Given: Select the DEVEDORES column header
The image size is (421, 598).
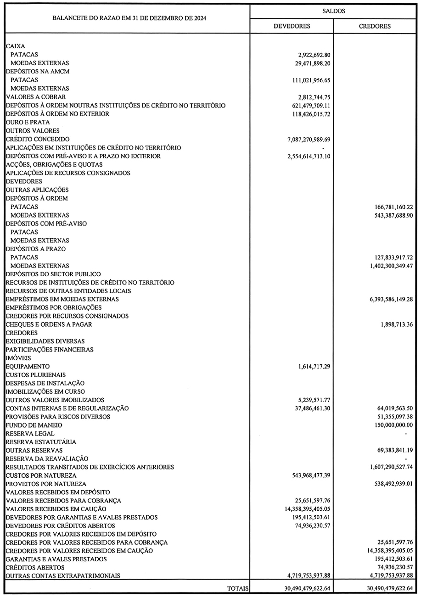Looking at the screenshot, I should click(x=292, y=26).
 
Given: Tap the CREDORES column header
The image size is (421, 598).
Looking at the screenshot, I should click(x=375, y=26).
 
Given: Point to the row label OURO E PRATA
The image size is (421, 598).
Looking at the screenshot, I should click(x=28, y=122).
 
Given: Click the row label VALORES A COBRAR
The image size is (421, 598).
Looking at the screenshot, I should click(x=36, y=97).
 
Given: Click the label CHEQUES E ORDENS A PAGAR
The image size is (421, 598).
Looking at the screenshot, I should click(x=49, y=324).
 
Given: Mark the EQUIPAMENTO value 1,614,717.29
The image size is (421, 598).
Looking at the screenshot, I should click(x=311, y=366).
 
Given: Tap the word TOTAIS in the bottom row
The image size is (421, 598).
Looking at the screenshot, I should click(x=238, y=588).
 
